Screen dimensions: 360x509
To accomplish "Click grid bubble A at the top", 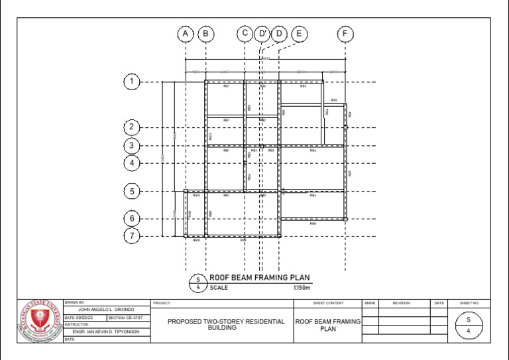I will pyautogui.click(x=186, y=34).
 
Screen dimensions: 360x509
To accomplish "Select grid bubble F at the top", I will pyautogui.click(x=345, y=34).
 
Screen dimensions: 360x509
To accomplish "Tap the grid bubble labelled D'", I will pyautogui.click(x=262, y=34).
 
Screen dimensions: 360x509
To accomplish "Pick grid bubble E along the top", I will pyautogui.click(x=299, y=34).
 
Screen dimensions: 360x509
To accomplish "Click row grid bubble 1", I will pyautogui.click(x=131, y=82).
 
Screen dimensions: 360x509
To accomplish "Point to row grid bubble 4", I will pyautogui.click(x=131, y=162).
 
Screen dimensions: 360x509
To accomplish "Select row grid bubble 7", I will pyautogui.click(x=131, y=235).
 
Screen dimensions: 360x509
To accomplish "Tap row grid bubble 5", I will pyautogui.click(x=131, y=192).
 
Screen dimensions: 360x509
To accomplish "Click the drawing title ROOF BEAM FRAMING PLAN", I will pyautogui.click(x=260, y=278).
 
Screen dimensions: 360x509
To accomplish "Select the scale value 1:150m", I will pyautogui.click(x=302, y=288).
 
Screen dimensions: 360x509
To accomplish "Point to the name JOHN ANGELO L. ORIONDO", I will pyautogui.click(x=106, y=310).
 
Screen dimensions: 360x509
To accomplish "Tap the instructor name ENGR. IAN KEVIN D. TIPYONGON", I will pyautogui.click(x=106, y=331).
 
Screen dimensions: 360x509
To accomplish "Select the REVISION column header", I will pyautogui.click(x=401, y=303).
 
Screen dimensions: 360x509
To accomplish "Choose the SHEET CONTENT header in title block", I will pyautogui.click(x=328, y=303).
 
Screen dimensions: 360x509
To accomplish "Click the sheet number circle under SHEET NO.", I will pyautogui.click(x=469, y=325).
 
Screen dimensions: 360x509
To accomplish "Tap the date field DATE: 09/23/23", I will pyautogui.click(x=85, y=318).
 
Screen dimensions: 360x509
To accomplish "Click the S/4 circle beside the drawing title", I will pyautogui.click(x=198, y=283).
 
